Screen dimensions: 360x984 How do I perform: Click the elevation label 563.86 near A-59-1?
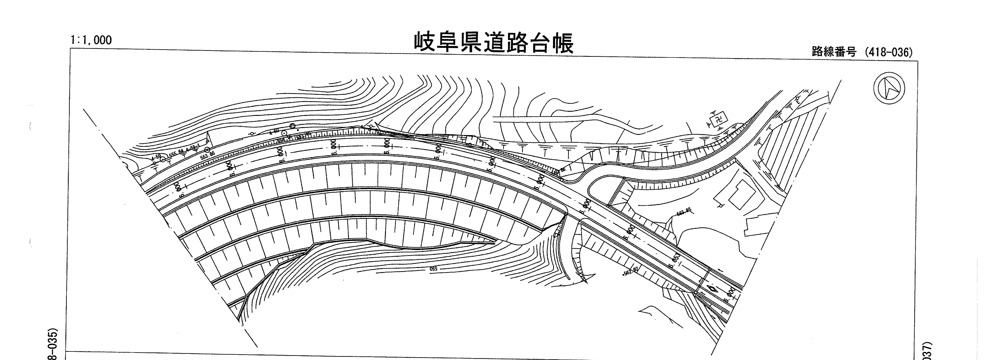pos(207,155)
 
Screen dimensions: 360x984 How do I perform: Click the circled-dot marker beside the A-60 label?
pos(284,133)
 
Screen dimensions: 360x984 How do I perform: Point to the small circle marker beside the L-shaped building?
pos(720,205)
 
